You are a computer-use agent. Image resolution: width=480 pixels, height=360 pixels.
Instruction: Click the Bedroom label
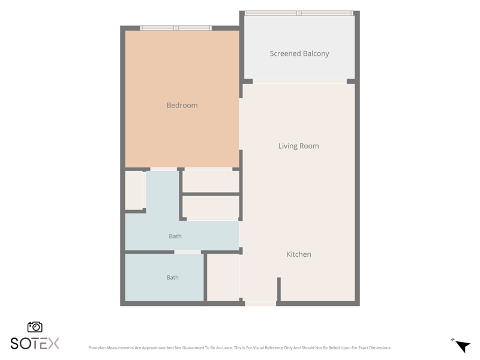(182, 106)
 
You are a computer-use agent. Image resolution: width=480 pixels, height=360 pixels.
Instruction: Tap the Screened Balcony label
(299, 53)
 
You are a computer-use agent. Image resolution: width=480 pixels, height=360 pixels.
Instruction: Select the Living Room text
(298, 146)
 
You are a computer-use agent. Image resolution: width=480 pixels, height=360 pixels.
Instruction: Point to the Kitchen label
(298, 254)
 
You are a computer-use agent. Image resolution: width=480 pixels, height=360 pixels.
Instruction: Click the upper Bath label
(175, 236)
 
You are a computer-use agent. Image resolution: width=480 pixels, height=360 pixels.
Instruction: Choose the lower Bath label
(172, 277)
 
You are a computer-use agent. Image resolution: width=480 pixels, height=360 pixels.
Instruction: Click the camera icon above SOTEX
(35, 327)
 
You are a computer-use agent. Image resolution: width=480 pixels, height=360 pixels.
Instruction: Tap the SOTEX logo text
(35, 343)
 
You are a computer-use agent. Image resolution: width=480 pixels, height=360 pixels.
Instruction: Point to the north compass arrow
(463, 346)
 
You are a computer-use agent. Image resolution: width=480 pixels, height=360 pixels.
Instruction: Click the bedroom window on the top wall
(176, 28)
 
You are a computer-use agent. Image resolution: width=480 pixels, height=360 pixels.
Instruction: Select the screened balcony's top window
(299, 13)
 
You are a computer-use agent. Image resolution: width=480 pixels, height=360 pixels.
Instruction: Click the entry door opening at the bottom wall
(260, 304)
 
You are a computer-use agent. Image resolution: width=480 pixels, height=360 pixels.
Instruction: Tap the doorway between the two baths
(188, 252)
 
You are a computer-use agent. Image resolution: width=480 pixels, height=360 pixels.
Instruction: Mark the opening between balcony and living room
(299, 82)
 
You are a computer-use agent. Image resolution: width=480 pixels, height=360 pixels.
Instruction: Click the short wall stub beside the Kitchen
(279, 289)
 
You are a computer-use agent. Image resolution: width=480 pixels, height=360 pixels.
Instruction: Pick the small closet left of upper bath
(134, 190)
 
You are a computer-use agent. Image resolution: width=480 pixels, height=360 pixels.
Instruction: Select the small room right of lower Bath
(223, 277)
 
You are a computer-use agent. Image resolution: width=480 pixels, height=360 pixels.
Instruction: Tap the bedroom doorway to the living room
(241, 124)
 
